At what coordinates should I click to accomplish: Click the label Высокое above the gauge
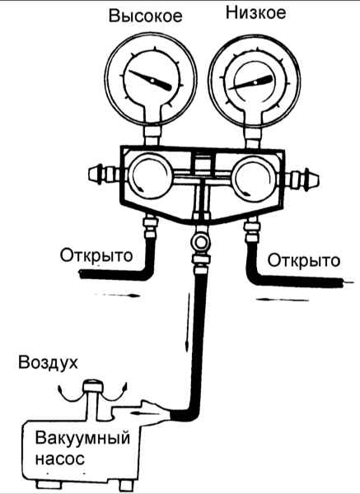coord(145,16)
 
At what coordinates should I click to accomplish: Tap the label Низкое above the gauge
coord(256,13)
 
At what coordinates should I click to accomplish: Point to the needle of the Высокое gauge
coord(151,81)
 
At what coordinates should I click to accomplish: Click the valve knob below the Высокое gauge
coord(150,177)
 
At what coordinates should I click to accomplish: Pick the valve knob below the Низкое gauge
coord(254,179)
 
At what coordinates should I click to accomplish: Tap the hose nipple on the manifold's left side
coord(105,174)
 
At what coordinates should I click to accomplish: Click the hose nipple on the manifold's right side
coord(304,179)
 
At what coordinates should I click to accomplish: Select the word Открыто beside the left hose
coord(96,255)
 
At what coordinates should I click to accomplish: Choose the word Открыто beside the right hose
coord(304,261)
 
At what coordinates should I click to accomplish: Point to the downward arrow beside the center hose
coord(188,321)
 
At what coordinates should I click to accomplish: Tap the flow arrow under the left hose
coord(117,296)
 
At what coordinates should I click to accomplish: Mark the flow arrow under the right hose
coord(282,300)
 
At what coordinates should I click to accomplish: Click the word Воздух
coord(48,362)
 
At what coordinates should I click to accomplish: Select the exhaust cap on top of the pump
coord(92,386)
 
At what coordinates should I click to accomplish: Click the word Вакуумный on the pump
coord(82,439)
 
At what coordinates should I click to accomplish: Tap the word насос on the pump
coord(60,459)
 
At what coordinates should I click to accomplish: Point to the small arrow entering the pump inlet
coord(143,412)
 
